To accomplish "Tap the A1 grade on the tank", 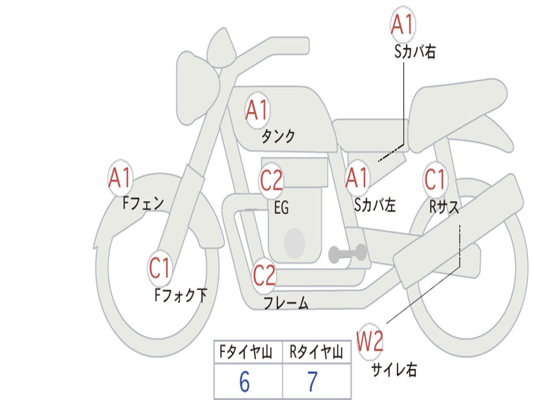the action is click(x=257, y=110).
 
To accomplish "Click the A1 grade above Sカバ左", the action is click(x=357, y=178).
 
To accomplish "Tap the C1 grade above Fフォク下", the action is click(x=160, y=268).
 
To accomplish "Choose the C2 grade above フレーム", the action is click(x=264, y=275).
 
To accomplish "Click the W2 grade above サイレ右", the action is click(x=370, y=341).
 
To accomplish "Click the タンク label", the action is click(x=278, y=136).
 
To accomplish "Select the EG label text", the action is click(x=282, y=207).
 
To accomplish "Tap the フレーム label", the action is click(x=286, y=303).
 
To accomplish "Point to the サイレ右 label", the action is click(x=394, y=369).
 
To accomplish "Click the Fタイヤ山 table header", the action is click(x=246, y=352).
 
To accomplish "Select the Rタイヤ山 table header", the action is click(x=316, y=352).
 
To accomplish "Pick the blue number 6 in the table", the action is click(x=245, y=382).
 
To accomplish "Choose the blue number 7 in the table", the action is click(x=313, y=382).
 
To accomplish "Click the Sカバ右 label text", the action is click(x=415, y=52).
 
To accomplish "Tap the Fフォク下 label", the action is click(x=180, y=295).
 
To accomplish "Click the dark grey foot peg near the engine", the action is click(x=347, y=253).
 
